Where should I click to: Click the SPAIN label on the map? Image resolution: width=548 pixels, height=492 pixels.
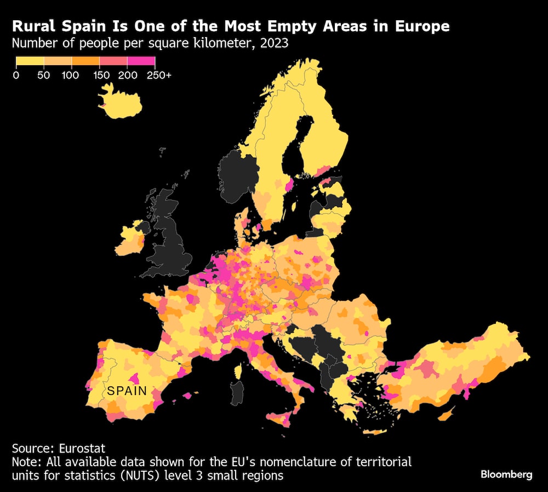point(127,391)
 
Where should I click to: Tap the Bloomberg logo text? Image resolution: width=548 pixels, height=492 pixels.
point(506,474)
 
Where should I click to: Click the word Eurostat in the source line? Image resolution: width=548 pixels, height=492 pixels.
point(82,449)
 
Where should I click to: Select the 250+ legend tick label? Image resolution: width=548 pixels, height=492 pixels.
point(159,75)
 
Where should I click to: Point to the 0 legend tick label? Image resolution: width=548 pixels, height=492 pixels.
point(16,75)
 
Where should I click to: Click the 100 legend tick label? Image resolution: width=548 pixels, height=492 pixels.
point(71,75)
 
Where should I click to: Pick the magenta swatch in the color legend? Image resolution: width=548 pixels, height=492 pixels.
point(141,61)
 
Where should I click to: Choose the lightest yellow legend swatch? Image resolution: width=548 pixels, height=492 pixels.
point(30,61)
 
